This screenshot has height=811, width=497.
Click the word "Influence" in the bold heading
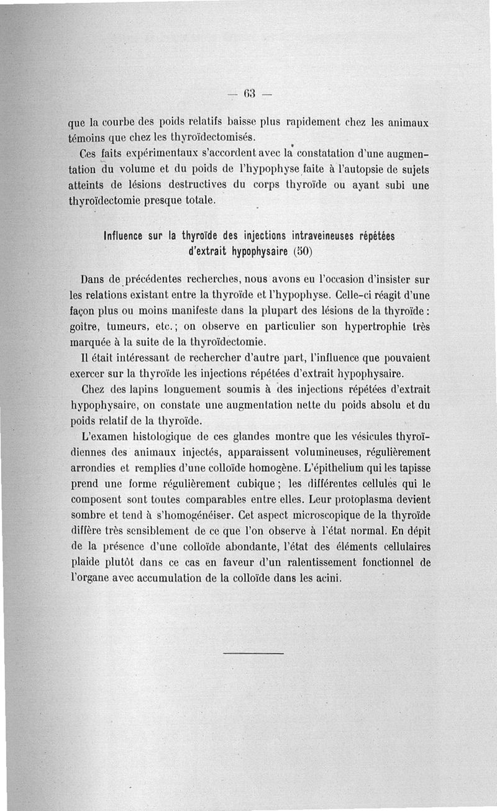pos(124,237)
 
